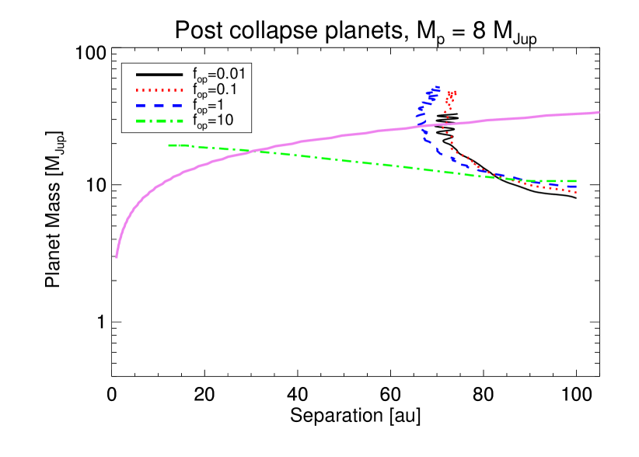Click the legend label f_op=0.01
tap(219, 75)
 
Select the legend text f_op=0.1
tap(215, 90)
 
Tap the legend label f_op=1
tap(211, 105)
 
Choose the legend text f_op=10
tap(213, 120)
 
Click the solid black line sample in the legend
tap(159, 75)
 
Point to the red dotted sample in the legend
tap(159, 90)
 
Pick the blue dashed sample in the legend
tap(159, 105)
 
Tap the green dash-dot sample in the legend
tap(159, 120)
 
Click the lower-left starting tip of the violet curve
tap(117, 256)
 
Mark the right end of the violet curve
tap(599, 113)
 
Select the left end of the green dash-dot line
tap(169, 145)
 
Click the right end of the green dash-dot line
tap(576, 181)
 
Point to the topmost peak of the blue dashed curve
tap(438, 87)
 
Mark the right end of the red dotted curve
tap(575, 192)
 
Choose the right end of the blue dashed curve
tap(576, 186)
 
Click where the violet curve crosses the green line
tap(255, 151)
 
